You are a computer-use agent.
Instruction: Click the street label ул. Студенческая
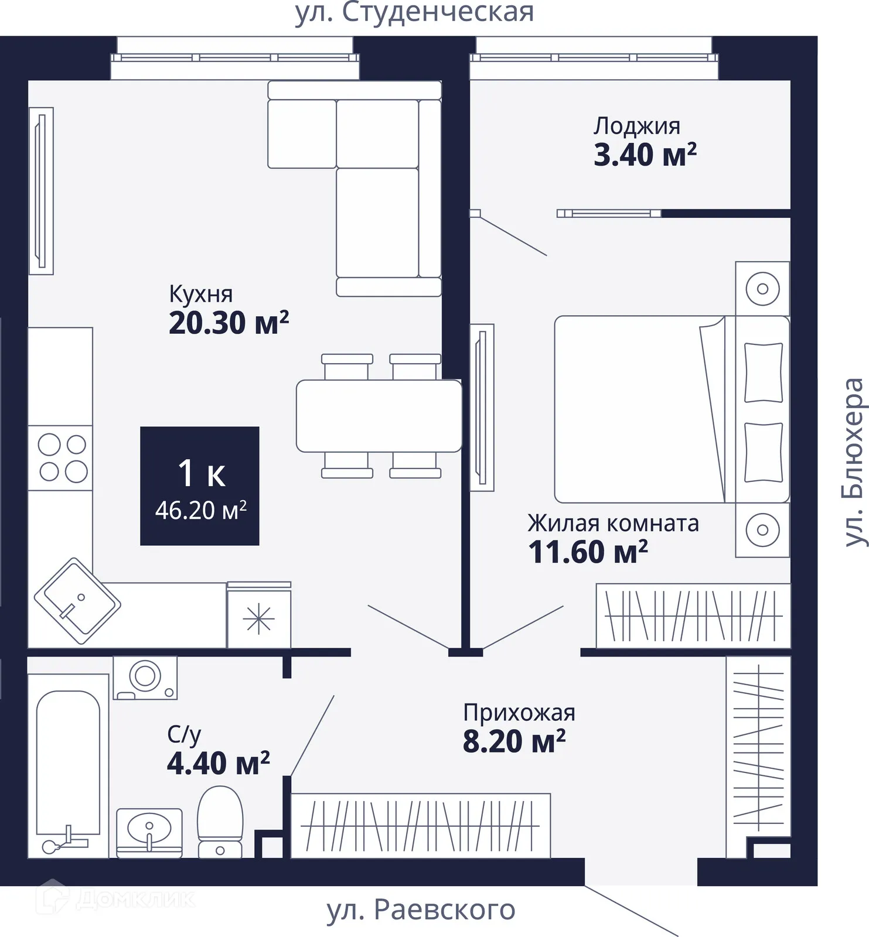(x=414, y=12)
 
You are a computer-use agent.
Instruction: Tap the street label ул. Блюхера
(x=854, y=463)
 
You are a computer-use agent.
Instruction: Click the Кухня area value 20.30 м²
(x=229, y=323)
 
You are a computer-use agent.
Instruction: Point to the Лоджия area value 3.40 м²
(x=645, y=155)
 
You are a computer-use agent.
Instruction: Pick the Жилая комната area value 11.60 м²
(x=588, y=552)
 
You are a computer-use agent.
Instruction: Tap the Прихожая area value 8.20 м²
(x=514, y=741)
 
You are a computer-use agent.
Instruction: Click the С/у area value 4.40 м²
(x=218, y=763)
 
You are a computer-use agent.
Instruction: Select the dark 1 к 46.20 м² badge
(x=200, y=486)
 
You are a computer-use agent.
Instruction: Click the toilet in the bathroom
(x=220, y=822)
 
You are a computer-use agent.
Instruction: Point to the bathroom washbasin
(x=149, y=833)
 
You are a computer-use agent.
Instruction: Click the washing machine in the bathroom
(x=145, y=678)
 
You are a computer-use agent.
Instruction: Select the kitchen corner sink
(x=77, y=601)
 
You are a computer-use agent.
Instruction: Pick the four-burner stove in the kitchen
(x=60, y=458)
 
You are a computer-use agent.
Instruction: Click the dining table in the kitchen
(x=379, y=416)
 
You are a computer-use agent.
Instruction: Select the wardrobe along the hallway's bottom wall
(x=421, y=826)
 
